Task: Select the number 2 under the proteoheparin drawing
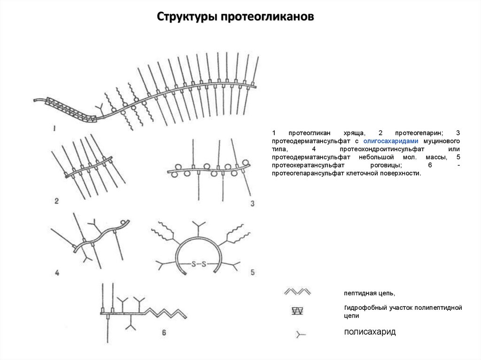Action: (x=56, y=201)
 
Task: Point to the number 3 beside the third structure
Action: (x=252, y=203)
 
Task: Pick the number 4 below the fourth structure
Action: (x=57, y=273)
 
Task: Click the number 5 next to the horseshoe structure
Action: (x=252, y=272)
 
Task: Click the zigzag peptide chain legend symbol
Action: (x=298, y=292)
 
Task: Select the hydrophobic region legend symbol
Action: (x=297, y=311)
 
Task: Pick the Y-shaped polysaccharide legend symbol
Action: (x=300, y=334)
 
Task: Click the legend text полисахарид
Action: (x=370, y=332)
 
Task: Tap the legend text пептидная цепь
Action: (x=369, y=293)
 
